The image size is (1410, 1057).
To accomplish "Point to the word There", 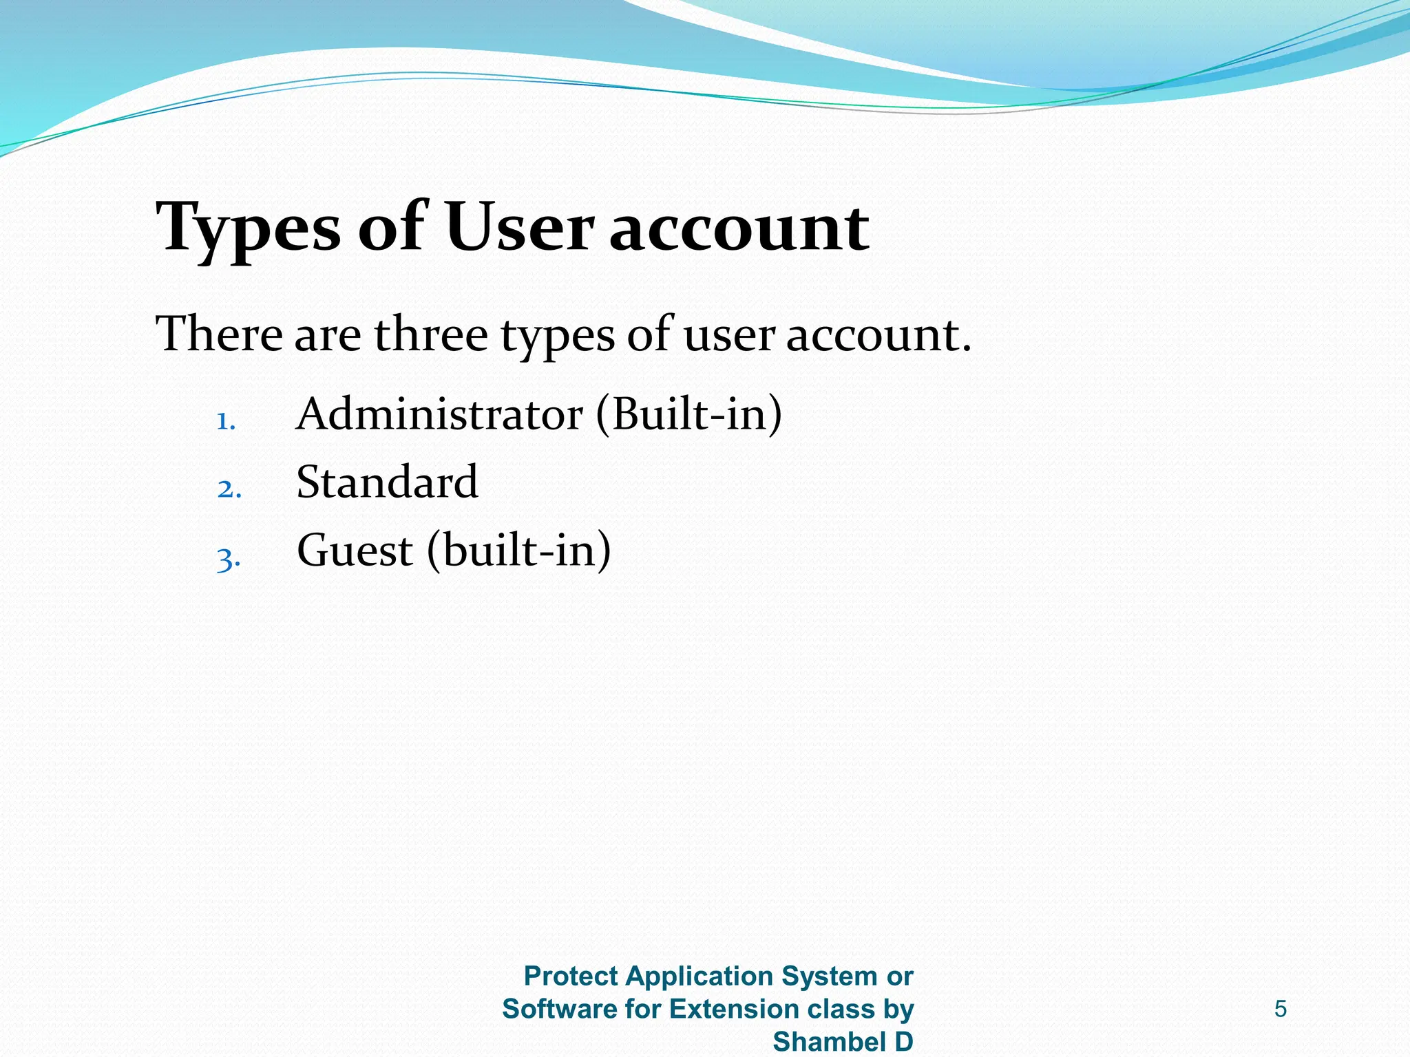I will point(220,334).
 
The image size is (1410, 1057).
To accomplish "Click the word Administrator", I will point(440,415).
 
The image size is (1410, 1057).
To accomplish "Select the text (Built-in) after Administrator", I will point(689,415).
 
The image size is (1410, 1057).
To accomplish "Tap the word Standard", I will point(387,482).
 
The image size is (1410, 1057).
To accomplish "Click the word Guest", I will point(355,551).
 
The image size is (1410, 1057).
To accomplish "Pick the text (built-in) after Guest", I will point(519,551).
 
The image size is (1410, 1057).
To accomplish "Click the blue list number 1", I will point(226,420).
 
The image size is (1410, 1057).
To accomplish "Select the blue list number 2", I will point(229,489).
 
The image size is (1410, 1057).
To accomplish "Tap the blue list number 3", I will point(228,559).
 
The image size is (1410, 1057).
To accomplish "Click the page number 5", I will point(1281,1009).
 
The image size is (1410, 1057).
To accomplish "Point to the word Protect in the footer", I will point(571,976).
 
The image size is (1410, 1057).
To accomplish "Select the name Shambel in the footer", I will point(830,1042).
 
